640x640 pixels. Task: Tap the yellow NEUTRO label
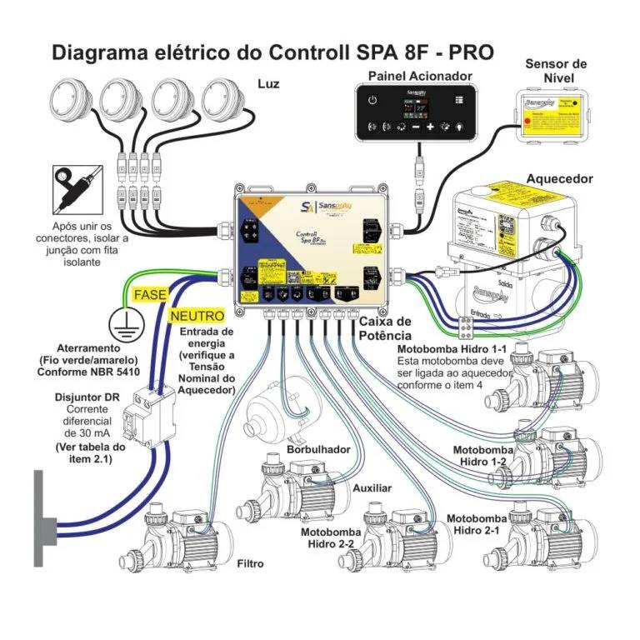(197, 317)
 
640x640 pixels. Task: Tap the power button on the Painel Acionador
(372, 102)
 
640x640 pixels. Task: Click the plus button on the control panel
(431, 127)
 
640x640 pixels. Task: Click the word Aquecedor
(559, 179)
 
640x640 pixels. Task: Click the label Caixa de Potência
(385, 328)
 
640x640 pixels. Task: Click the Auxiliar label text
(372, 488)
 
